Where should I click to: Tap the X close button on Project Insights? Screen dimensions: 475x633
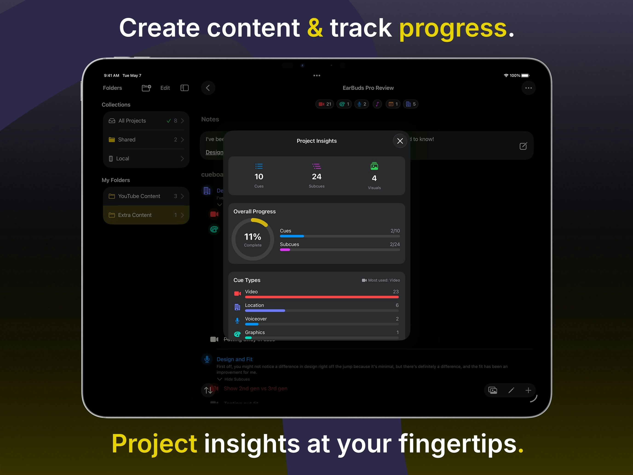[x=400, y=141]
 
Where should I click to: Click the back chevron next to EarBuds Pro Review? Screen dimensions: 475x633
[x=208, y=88]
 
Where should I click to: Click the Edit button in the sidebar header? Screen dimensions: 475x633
[x=165, y=88]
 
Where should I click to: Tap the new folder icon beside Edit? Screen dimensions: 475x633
[x=146, y=88]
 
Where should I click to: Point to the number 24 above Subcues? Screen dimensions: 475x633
[x=316, y=177]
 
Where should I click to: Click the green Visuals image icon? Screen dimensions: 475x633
[x=374, y=166]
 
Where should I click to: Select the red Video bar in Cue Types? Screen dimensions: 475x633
[x=322, y=297]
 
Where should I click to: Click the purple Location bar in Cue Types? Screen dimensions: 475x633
[x=265, y=311]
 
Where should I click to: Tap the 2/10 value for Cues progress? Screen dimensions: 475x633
[x=395, y=231]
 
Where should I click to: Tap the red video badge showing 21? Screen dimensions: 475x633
[x=325, y=104]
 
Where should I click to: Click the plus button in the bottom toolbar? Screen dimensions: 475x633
[x=528, y=390]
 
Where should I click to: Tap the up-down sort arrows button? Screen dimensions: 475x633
[x=208, y=390]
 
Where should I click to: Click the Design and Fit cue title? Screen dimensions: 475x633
[x=234, y=359]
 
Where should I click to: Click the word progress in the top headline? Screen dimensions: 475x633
[x=453, y=28]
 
